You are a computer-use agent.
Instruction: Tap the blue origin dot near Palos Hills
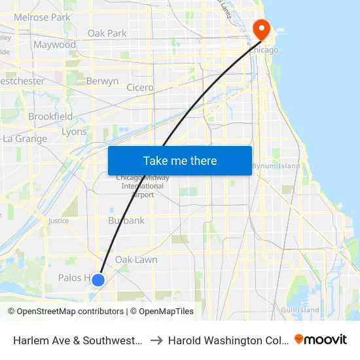98,280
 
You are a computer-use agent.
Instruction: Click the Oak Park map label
107,33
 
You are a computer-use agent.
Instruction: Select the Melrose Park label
42,18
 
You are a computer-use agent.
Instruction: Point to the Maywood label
55,45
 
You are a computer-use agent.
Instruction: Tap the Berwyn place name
102,82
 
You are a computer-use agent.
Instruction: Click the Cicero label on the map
140,87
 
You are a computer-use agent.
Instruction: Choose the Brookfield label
50,117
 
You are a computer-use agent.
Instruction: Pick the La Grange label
25,139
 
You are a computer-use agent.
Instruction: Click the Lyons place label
73,132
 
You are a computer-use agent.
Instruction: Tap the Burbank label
126,221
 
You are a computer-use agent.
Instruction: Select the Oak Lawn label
136,260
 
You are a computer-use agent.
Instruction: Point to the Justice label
58,221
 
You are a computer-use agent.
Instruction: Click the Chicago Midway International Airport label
142,186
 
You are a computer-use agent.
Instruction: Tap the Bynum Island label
276,166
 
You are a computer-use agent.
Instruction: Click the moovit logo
320,340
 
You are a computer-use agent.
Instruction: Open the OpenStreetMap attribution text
46,312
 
